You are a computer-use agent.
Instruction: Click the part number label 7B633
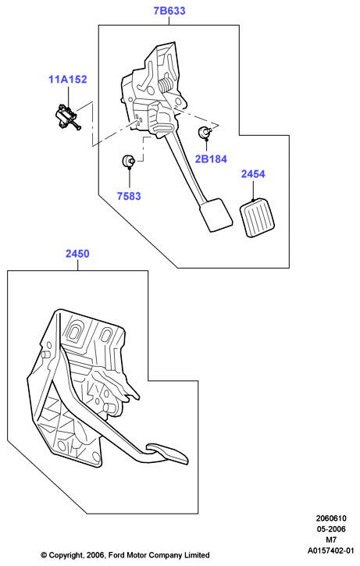coord(169,11)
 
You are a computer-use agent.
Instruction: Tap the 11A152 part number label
coord(68,79)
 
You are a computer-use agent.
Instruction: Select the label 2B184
coord(211,158)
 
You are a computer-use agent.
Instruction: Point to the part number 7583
coord(129,196)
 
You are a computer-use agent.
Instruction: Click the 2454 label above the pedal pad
coord(253,174)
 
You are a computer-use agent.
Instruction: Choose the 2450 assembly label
coord(77,254)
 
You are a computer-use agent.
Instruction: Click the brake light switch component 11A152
coord(67,116)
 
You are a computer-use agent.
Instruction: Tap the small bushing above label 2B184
coord(204,133)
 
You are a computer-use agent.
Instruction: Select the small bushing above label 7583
coord(128,161)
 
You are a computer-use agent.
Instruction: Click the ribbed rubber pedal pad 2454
coord(257,219)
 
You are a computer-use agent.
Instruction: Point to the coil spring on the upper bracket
coord(166,86)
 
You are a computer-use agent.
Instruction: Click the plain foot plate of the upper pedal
coord(215,215)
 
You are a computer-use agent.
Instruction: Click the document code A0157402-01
coord(331,551)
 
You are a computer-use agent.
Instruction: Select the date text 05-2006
coord(331,529)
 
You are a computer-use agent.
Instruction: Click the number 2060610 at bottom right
coord(331,518)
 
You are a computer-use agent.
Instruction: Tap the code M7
coord(331,540)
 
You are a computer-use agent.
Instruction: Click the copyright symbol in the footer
coord(44,555)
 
